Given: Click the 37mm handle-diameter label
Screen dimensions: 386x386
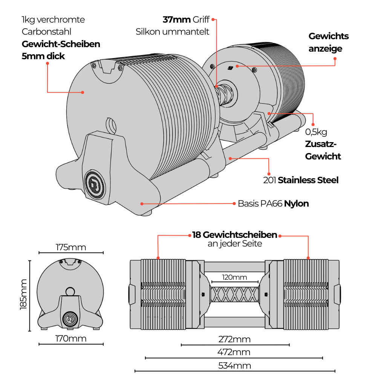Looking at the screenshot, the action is point(176,20).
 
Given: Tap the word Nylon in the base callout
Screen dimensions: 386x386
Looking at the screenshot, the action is point(296,204).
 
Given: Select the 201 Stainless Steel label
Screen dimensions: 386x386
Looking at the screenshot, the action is point(301,180).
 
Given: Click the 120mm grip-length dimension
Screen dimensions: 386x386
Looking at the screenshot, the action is point(234,277).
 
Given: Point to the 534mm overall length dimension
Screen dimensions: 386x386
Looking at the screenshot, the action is point(234,366).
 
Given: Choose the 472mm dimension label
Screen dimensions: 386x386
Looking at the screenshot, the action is point(234,352).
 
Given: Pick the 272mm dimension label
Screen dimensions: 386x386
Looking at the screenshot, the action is point(234,339).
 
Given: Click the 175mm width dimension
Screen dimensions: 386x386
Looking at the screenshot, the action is point(71,247).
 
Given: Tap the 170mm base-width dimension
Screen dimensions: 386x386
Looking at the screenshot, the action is point(71,339).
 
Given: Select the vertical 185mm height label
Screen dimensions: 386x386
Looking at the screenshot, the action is point(23,294).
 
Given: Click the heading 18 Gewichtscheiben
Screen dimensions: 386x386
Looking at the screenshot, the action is point(234,234).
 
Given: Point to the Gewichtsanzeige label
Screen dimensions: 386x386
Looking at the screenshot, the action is point(329,42).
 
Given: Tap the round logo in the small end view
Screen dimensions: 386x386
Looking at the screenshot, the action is point(70,319).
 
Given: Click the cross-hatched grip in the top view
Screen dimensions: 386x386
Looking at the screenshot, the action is point(234,294).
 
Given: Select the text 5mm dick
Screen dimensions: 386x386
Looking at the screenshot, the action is point(43,56).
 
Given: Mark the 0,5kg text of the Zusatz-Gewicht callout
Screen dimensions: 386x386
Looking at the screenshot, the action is point(316,132).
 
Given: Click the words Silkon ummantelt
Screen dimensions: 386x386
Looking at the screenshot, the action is point(172,32).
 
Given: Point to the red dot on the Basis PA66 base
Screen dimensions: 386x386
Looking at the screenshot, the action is point(142,204).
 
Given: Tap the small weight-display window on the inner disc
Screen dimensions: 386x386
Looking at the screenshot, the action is point(230,68).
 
